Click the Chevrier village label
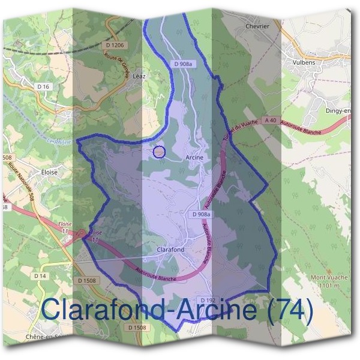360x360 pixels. pyautogui.click(x=257, y=26)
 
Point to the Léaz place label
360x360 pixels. pyautogui.click(x=139, y=76)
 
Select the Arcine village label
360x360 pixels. pyautogui.click(x=195, y=157)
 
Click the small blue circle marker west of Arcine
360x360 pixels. pyautogui.click(x=159, y=152)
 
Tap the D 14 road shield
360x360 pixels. pyautogui.click(x=40, y=275)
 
